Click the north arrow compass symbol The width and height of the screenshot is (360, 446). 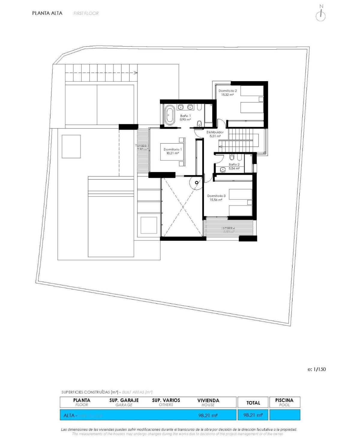[321, 15]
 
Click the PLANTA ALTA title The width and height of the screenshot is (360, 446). [47, 13]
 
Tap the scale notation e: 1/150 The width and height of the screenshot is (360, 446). [316, 369]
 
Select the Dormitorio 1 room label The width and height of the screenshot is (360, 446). [172, 151]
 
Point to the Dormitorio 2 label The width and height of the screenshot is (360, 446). [227, 93]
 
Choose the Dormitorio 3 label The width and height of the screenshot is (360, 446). [216, 198]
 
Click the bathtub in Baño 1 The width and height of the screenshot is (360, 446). [169, 114]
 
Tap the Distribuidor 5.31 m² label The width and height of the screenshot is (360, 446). [215, 134]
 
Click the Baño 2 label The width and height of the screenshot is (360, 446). [234, 166]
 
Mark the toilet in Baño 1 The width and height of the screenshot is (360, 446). [199, 123]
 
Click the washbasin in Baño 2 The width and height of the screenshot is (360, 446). [223, 170]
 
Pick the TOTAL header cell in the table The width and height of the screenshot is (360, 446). [253, 402]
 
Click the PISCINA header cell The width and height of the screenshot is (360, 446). [284, 402]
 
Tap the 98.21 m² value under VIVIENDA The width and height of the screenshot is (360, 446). [208, 415]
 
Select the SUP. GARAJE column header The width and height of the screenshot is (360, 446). [124, 402]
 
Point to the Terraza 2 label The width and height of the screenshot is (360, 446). [228, 229]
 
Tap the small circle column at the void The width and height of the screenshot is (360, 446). [196, 182]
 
